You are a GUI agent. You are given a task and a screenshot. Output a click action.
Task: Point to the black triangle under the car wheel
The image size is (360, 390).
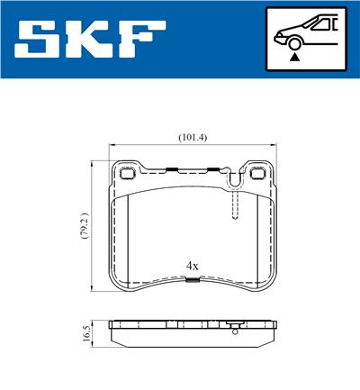pos(294,56)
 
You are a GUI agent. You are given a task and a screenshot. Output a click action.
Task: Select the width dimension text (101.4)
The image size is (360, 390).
pos(193,137)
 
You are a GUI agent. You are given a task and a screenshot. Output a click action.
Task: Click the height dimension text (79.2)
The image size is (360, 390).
pos(83,227)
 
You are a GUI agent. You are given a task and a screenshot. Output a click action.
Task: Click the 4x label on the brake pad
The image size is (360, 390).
pos(192,266)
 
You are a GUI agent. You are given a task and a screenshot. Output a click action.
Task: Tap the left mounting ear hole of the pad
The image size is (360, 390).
pos(126,172)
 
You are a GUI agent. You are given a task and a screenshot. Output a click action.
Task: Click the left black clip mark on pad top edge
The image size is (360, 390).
pos(170,168)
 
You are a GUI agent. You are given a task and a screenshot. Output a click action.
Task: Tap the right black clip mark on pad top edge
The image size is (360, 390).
pos(214,168)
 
